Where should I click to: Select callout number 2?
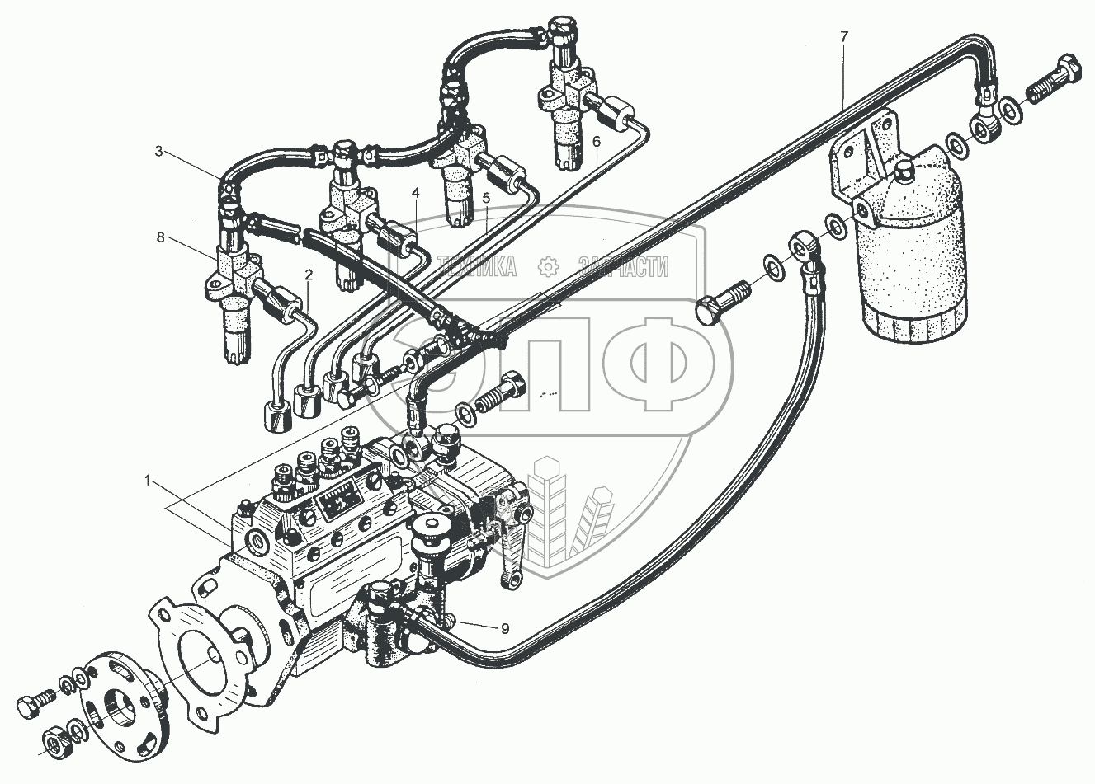tap(309, 274)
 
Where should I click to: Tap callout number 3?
tap(159, 151)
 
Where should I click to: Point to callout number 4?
tap(416, 193)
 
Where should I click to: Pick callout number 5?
tap(486, 198)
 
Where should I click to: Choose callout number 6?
tap(596, 142)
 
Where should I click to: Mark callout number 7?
tap(842, 35)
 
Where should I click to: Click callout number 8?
tap(159, 237)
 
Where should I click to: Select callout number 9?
tap(503, 628)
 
